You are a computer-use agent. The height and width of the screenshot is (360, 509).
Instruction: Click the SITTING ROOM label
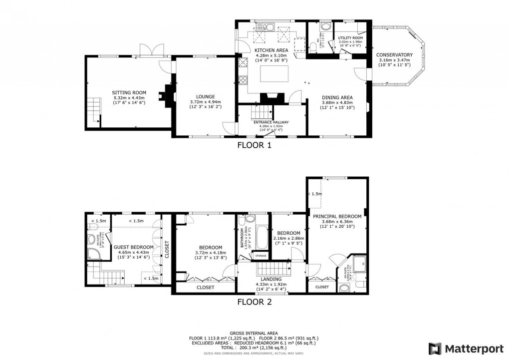129,92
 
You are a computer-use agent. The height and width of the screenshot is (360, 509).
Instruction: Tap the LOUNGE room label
206,96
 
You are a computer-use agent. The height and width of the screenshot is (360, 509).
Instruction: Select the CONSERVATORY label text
394,55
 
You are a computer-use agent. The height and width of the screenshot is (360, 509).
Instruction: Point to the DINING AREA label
337,97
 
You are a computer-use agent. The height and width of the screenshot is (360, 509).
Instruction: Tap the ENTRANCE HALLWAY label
271,122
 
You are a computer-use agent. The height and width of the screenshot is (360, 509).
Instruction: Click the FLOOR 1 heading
254,146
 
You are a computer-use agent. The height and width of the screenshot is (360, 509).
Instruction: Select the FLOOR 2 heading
254,302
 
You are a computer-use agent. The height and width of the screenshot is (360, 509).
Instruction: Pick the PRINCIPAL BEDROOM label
337,216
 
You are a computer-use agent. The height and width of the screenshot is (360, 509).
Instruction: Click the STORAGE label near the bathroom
260,256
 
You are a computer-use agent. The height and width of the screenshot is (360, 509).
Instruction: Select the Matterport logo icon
435,348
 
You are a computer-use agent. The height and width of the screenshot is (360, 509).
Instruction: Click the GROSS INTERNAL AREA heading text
254,333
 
